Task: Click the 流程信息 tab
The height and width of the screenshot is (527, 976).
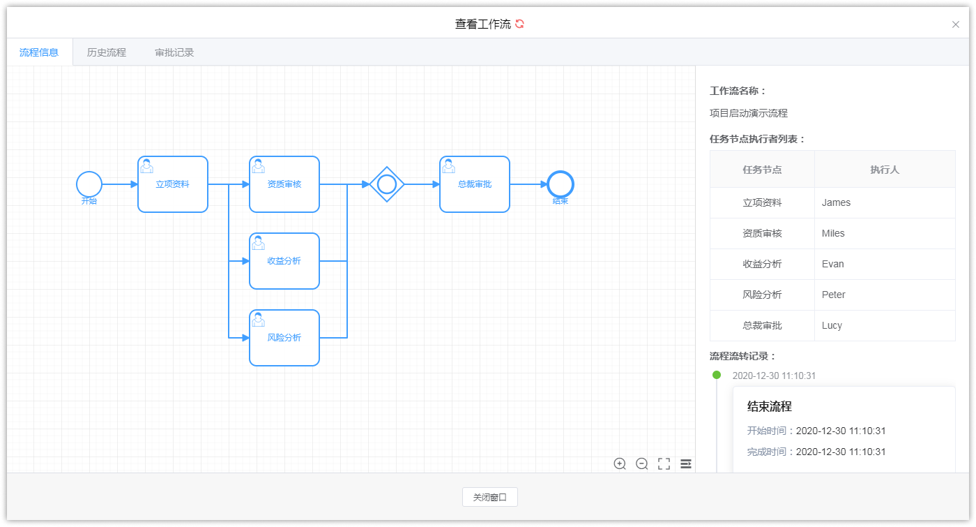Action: [x=39, y=52]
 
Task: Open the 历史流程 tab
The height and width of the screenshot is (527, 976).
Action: [x=107, y=52]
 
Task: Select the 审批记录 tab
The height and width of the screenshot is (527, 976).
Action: [x=174, y=52]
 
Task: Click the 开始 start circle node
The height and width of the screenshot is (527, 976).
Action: [x=89, y=184]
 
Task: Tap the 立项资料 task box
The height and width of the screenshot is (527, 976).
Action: [x=173, y=184]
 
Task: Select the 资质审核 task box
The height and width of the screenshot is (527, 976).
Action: [x=284, y=184]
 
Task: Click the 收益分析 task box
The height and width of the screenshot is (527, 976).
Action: [x=284, y=261]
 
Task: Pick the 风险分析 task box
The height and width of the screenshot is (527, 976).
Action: [x=284, y=338]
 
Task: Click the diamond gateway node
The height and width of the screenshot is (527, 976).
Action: [x=387, y=184]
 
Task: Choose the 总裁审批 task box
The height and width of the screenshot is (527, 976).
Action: [x=475, y=184]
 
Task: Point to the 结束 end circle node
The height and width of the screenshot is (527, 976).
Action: [x=561, y=184]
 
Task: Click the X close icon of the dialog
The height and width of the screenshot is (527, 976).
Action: [x=956, y=24]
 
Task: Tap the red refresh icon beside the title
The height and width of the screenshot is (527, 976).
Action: [x=519, y=24]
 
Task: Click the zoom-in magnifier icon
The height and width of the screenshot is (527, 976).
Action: [x=620, y=464]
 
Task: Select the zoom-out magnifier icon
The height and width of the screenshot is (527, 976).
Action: [x=642, y=464]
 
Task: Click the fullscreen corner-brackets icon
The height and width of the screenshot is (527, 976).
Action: [x=664, y=464]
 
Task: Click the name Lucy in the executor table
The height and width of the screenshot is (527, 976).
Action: [x=832, y=325]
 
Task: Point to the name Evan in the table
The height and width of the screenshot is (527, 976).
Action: [x=832, y=264]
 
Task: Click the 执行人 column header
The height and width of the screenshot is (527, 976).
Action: [x=884, y=170]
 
